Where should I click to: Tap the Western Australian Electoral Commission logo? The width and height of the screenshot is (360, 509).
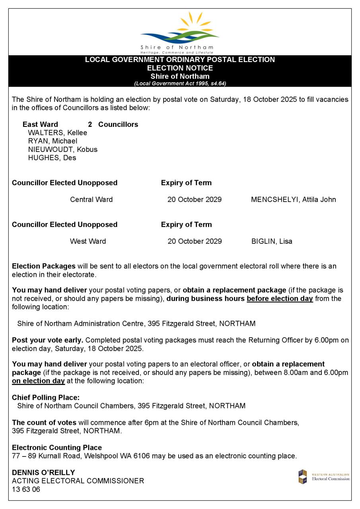pos(324,477)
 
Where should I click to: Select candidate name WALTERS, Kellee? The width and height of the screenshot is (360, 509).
pos(57,133)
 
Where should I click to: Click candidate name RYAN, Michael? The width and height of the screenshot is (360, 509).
pos(53,141)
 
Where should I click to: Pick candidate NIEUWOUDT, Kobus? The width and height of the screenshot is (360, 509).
pos(62,150)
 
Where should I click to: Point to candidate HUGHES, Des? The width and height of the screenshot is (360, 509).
pos(52,158)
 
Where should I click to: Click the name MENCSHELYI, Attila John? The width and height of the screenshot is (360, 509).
pos(293,200)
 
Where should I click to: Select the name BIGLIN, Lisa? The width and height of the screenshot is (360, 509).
pos(272,241)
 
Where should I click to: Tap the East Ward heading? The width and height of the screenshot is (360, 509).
pos(40,124)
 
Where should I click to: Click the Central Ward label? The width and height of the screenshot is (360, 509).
pos(91,200)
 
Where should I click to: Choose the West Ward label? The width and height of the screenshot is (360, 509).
pos(88,241)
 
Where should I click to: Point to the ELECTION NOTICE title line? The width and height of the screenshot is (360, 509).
pos(180,68)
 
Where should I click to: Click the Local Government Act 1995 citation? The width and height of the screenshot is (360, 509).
pos(180,84)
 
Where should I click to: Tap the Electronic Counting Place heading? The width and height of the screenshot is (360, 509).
pos(57,447)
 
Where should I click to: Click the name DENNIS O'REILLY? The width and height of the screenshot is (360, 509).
pos(43,472)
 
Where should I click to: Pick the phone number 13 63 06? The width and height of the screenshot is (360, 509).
pos(26,489)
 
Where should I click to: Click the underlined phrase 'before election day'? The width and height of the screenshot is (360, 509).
pos(280,299)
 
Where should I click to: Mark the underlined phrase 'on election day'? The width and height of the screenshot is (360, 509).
pos(38,381)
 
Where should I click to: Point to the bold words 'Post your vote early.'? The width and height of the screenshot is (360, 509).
pos(48,340)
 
